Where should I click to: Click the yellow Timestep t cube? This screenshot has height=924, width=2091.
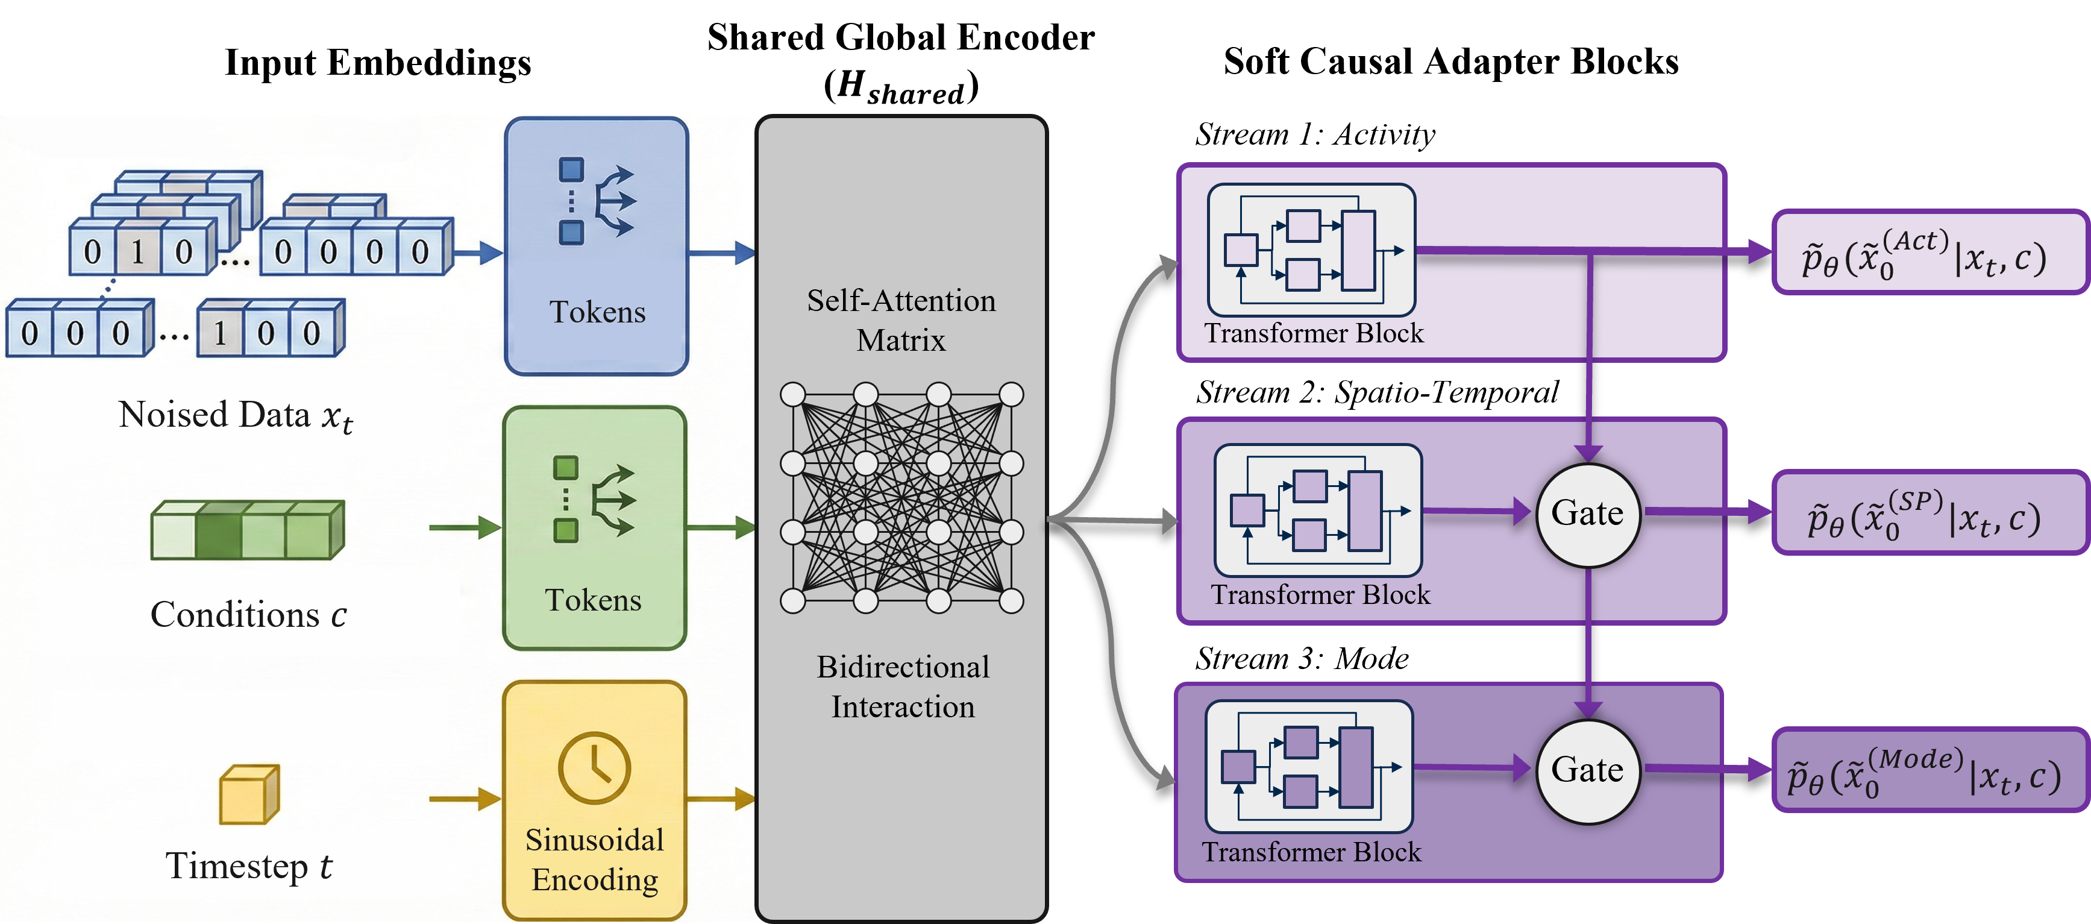pyautogui.click(x=249, y=793)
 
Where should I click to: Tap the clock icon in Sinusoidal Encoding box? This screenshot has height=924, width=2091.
pyautogui.click(x=594, y=767)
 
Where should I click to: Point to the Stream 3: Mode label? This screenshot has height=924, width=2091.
pyautogui.click(x=1302, y=658)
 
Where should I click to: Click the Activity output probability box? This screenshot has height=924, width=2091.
pyautogui.click(x=1930, y=253)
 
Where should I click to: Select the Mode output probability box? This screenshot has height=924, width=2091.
pyautogui.click(x=1930, y=770)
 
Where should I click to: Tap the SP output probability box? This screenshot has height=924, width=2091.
pyautogui.click(x=1930, y=512)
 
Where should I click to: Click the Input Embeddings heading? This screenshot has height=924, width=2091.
pyautogui.click(x=378, y=63)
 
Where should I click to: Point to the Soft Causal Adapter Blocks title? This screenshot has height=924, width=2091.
pyautogui.click(x=1452, y=61)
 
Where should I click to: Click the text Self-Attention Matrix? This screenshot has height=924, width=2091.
pyautogui.click(x=901, y=320)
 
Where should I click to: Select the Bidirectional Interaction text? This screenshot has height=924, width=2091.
pyautogui.click(x=903, y=687)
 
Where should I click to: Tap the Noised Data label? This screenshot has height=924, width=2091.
pyautogui.click(x=236, y=416)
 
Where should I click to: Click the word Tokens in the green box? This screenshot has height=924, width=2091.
pyautogui.click(x=594, y=601)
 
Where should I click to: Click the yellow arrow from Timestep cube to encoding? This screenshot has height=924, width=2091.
pyautogui.click(x=465, y=799)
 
